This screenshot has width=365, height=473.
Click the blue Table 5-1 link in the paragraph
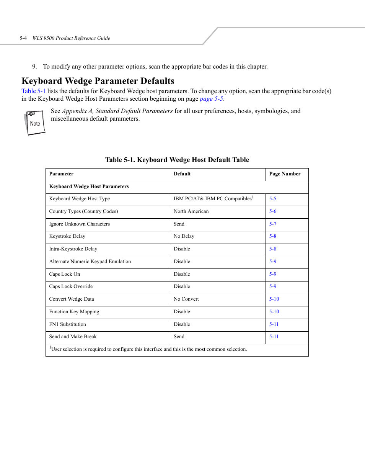coord(33,91)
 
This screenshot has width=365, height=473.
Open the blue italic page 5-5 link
coord(211,99)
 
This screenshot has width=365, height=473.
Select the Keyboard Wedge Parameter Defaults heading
coord(98,81)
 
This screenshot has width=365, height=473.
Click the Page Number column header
coord(285,174)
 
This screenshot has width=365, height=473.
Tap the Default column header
coord(182,174)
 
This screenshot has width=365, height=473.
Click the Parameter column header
coord(61,174)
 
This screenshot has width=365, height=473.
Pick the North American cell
coord(191,211)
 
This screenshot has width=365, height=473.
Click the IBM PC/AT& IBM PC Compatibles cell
coord(213,199)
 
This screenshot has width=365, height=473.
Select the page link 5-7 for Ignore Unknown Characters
coord(272,224)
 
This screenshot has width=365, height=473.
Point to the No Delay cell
coord(184,236)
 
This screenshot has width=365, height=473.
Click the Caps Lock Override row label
coord(71,286)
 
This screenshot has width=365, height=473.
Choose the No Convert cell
coord(186,299)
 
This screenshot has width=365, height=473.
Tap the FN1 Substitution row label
coord(67,324)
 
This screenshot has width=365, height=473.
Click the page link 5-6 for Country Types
coord(272,211)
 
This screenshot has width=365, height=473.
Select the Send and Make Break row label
coord(73,337)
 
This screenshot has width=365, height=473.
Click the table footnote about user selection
coord(148,349)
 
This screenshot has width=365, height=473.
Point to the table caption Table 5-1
coord(177,160)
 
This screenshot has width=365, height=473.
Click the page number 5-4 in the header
coord(23,38)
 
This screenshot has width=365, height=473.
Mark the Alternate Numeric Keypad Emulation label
coord(90,262)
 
